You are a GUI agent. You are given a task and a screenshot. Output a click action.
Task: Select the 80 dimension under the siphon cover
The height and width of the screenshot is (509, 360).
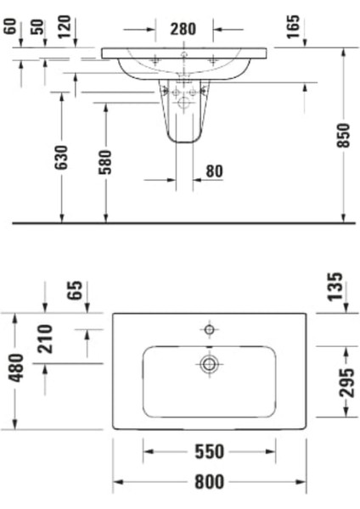coord(213,171)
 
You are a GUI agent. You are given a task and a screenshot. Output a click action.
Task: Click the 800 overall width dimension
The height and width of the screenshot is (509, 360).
coord(209,482)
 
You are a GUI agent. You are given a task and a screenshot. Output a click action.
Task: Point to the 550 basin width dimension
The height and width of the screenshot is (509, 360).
coord(209,451)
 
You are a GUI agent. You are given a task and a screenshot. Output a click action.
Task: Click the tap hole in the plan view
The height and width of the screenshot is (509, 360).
coord(209,328)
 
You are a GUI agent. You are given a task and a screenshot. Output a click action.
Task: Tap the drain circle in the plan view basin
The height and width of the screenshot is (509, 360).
coord(209,365)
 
